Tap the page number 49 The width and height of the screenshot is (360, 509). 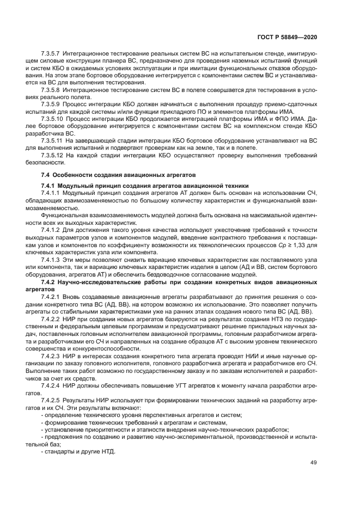point(314,463)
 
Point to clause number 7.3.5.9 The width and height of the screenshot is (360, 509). point(51,103)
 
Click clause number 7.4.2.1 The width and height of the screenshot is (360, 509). point(51,297)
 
